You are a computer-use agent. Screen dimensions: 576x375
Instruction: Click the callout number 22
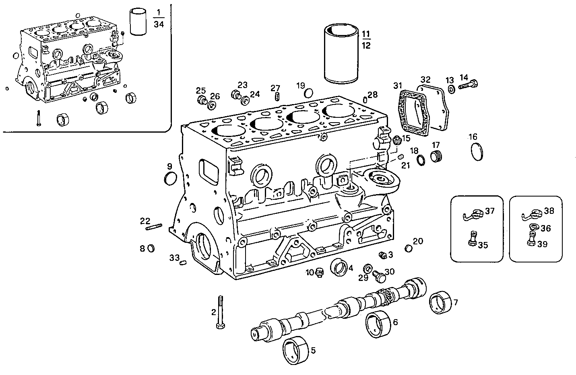[x=145, y=221]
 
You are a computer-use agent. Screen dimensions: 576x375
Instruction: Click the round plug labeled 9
[x=170, y=178]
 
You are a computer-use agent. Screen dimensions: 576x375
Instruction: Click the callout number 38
[x=549, y=211]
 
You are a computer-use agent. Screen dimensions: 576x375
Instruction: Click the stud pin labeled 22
[x=154, y=227]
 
